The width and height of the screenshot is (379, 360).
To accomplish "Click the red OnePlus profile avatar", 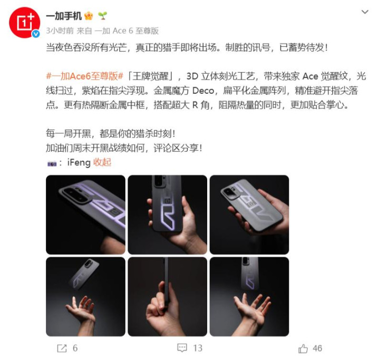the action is [24, 23].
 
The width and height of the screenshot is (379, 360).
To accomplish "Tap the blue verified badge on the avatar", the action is [36, 34].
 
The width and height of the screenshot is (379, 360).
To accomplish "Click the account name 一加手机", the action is [64, 16].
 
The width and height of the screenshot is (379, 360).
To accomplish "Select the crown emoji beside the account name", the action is [89, 16].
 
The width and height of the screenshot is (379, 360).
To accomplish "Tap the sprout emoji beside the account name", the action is [102, 16].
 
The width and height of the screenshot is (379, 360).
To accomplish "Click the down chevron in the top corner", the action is [365, 12].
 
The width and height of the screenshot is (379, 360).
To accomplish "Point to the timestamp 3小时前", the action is [60, 31].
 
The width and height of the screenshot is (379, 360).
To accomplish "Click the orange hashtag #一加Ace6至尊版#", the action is [84, 76].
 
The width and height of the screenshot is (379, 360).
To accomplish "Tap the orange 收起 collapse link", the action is [102, 162].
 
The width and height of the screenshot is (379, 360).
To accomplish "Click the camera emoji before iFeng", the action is [52, 163].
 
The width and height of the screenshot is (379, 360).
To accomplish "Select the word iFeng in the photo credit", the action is [79, 162].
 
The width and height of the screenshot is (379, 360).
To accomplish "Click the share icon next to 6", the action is [62, 348].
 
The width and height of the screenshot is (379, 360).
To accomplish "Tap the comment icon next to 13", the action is [182, 348].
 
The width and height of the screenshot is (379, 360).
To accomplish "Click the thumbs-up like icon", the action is [303, 348].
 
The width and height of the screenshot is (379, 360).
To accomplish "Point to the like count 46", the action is [317, 348].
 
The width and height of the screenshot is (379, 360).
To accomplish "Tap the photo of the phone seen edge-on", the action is [167, 297].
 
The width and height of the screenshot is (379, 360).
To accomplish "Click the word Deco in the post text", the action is [203, 91].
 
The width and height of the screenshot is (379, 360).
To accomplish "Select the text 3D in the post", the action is [192, 76].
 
